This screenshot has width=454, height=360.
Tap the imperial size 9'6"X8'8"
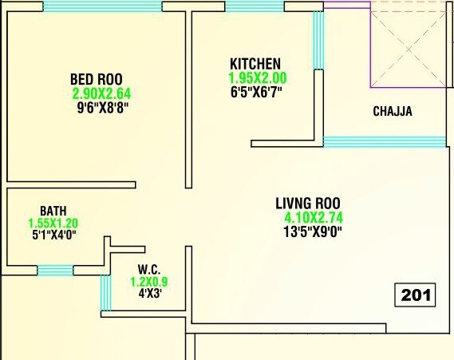click(x=101, y=106)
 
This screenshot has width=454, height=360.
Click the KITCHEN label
click(x=255, y=64)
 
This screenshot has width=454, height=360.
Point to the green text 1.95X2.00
click(x=257, y=78)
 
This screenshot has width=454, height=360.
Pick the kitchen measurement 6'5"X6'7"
click(x=256, y=92)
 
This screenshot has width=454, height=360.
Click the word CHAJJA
click(x=393, y=112)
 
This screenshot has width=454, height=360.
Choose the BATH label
click(x=53, y=211)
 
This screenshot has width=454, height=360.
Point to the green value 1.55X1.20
click(x=53, y=224)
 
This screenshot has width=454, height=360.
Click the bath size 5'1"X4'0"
click(x=53, y=236)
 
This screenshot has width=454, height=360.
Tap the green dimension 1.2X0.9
click(x=149, y=281)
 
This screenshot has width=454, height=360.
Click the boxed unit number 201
click(x=416, y=295)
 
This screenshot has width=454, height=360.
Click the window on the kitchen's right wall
click(x=318, y=41)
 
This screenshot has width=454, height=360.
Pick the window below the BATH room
click(x=55, y=270)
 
